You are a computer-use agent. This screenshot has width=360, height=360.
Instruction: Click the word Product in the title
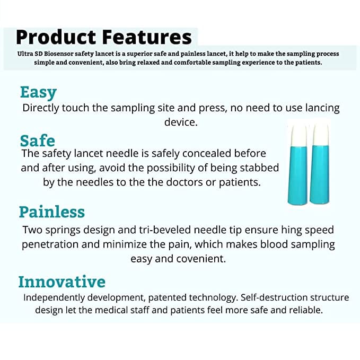tap(56, 37)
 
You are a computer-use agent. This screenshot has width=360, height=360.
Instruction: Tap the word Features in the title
tap(147, 37)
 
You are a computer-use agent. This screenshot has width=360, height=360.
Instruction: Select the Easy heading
tap(38, 93)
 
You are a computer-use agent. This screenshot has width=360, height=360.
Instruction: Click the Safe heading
tap(38, 141)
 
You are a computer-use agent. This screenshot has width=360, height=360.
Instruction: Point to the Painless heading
tap(52, 212)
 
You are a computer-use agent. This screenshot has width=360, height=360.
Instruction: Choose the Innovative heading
tap(62, 282)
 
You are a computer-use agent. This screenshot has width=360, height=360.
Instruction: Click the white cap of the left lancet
tap(298, 135)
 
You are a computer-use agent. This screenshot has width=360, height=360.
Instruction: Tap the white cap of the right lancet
tap(321, 135)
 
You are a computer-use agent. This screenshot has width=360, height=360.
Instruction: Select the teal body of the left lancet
tap(297, 175)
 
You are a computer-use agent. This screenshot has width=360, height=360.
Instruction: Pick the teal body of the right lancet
tap(320, 174)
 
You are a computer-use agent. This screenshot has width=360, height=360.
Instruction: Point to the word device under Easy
tap(181, 122)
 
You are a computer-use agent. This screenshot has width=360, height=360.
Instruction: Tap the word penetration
tap(50, 244)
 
